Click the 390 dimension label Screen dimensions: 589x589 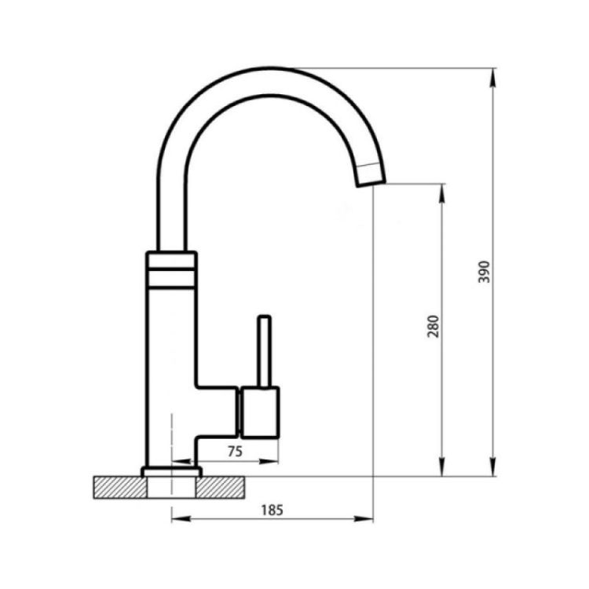tap(485, 272)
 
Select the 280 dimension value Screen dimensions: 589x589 tap(433, 326)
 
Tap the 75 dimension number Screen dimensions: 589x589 tap(235, 451)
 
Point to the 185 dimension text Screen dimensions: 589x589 tap(272, 510)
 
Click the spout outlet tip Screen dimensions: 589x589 tap(371, 182)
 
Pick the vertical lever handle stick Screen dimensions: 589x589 tap(264, 352)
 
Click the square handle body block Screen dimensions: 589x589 tap(260, 412)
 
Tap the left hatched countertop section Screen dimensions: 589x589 tap(120, 487)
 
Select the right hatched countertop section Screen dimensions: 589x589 tap(220, 487)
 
